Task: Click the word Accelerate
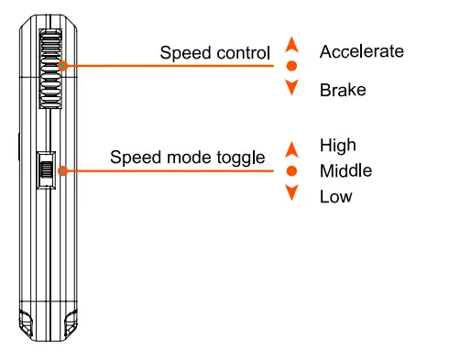pos(361,51)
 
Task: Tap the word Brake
pos(343,90)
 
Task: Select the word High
pos(337,145)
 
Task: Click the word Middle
pos(345,171)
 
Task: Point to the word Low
pos(335,196)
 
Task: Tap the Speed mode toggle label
pos(188,157)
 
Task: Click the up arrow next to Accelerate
pos(291,44)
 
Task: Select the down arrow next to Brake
pos(291,88)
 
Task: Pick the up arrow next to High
pos(291,148)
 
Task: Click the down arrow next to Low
pos(291,192)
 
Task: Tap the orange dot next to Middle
pos(291,171)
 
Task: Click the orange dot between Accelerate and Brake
pos(291,66)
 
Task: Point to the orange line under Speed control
pos(165,66)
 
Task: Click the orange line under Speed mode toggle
pos(165,171)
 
